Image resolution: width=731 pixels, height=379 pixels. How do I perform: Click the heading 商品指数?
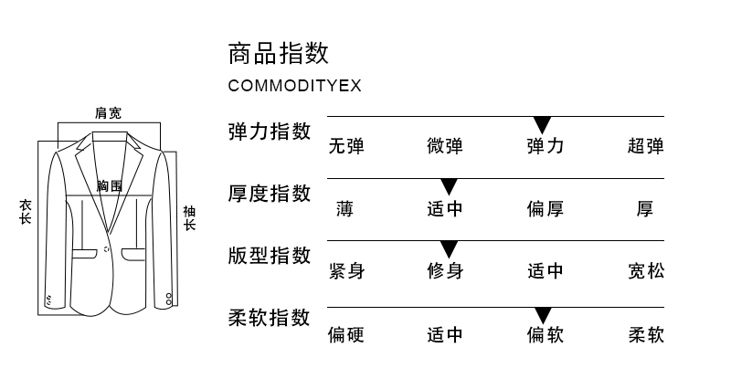(x=278, y=52)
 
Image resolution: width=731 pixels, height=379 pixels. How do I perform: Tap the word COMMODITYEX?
(x=294, y=86)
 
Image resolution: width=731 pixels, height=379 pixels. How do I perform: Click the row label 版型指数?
(x=269, y=256)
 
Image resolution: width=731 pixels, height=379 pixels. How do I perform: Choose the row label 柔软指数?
(x=269, y=318)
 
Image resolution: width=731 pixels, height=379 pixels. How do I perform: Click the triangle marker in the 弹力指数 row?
(x=543, y=124)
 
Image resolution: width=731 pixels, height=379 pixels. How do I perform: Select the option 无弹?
(x=346, y=146)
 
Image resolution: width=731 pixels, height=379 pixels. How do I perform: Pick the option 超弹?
(x=645, y=146)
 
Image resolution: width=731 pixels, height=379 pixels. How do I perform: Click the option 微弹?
(x=445, y=146)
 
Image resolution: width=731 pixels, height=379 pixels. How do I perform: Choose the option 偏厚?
(x=545, y=209)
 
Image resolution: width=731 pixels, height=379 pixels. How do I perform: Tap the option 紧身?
(x=346, y=271)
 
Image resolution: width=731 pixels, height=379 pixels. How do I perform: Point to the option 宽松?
(x=645, y=271)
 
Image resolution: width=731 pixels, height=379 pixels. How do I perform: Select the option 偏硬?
(x=346, y=335)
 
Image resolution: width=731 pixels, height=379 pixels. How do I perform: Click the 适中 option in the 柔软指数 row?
(x=445, y=335)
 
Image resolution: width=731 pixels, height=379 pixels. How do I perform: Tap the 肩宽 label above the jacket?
(x=109, y=113)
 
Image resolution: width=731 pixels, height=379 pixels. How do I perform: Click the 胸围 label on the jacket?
(x=110, y=186)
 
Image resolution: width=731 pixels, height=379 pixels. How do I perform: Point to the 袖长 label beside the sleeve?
(x=189, y=218)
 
